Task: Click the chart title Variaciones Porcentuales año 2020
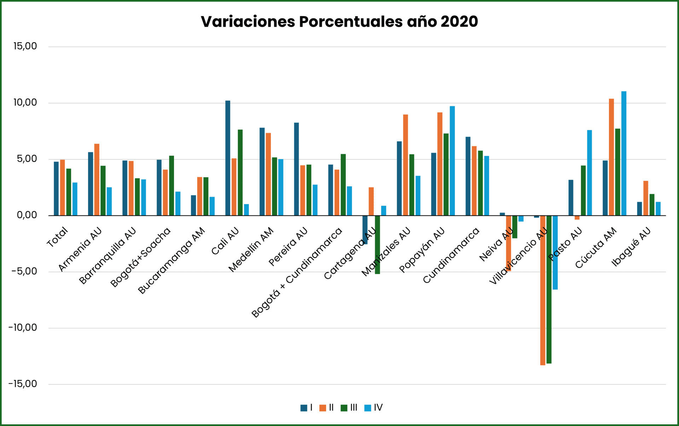pyautogui.click(x=339, y=22)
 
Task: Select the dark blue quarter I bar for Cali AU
pyautogui.click(x=228, y=158)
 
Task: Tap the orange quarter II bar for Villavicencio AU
pyautogui.click(x=542, y=290)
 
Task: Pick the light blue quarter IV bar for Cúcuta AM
pyautogui.click(x=624, y=153)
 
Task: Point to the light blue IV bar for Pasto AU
pyautogui.click(x=590, y=173)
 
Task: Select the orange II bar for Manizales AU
pyautogui.click(x=405, y=165)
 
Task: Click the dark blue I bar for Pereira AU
pyautogui.click(x=296, y=169)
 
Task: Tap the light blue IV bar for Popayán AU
pyautogui.click(x=452, y=161)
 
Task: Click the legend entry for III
pyautogui.click(x=349, y=408)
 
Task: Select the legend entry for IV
pyautogui.click(x=373, y=408)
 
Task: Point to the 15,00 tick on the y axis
pyautogui.click(x=25, y=46)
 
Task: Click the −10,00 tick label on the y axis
pyautogui.click(x=23, y=328)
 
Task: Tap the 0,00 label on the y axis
pyautogui.click(x=27, y=215)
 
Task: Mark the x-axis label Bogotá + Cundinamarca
pyautogui.click(x=297, y=272)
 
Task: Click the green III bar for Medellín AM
pyautogui.click(x=274, y=186)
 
